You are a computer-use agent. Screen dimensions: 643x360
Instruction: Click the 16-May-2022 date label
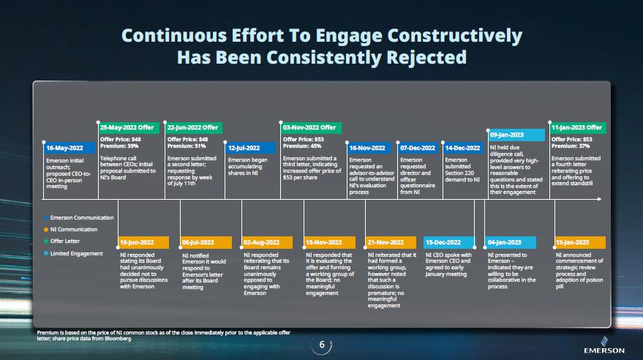coord(69,148)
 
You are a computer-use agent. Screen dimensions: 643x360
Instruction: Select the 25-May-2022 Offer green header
coord(129,128)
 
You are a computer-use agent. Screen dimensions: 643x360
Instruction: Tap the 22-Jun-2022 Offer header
coord(194,128)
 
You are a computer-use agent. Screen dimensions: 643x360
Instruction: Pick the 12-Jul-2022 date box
coord(250,148)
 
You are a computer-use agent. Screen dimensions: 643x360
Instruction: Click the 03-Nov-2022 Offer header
coord(311,128)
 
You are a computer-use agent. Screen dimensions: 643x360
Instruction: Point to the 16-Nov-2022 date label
coord(372,148)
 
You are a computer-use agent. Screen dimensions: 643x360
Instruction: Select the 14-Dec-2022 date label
coord(463,148)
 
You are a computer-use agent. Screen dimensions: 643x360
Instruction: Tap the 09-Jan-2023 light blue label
coord(516,135)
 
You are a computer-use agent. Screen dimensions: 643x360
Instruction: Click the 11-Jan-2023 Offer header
coord(578,128)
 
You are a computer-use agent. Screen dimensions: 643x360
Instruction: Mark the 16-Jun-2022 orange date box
coord(143,242)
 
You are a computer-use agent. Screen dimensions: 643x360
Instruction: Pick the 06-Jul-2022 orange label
coord(206,242)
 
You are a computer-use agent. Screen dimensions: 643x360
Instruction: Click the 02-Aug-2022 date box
coord(268,242)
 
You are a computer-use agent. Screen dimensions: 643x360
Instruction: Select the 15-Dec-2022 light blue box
coord(449,242)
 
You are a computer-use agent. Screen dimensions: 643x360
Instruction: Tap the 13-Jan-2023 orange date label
coord(580,242)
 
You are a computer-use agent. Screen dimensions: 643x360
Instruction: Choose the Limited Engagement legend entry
coord(73,253)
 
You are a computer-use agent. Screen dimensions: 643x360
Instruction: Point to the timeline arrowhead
coord(599,199)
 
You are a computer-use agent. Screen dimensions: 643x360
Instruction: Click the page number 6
coord(322,345)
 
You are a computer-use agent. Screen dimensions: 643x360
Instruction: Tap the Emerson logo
coord(604,345)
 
